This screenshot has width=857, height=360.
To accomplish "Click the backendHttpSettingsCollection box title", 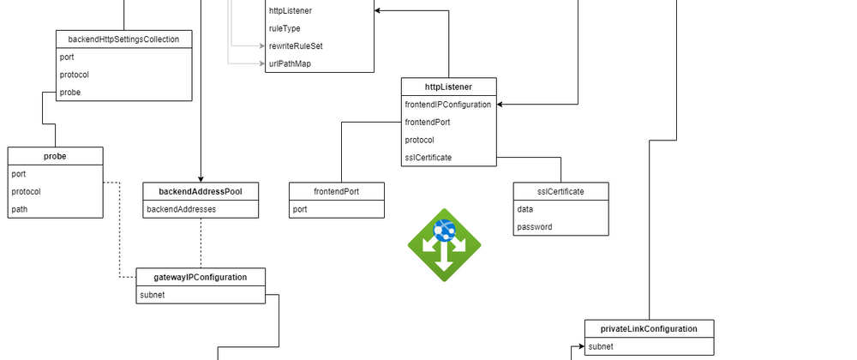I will click(123, 39).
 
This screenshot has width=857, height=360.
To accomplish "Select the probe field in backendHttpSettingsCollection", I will click(71, 92).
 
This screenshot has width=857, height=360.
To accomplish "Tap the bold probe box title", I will click(55, 156).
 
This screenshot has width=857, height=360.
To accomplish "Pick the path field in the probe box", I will click(19, 208).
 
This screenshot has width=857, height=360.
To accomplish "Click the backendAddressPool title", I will click(201, 190).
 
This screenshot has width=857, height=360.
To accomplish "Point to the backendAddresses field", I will click(182, 208).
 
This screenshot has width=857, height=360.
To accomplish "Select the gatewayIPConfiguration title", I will click(201, 278).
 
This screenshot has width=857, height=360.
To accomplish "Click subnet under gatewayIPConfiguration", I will click(153, 296).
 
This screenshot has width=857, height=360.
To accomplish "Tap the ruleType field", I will click(285, 28).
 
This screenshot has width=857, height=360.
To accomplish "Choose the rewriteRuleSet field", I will click(296, 45).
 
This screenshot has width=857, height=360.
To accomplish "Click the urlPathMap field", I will click(290, 63).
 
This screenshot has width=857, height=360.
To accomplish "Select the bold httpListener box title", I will click(448, 87).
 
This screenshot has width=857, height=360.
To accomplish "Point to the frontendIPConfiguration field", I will click(447, 105).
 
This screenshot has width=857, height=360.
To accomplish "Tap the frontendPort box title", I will click(337, 191).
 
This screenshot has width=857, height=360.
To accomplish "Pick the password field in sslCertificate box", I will click(535, 226).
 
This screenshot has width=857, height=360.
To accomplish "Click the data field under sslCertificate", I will click(525, 209).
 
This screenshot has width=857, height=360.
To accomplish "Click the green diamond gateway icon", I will click(444, 244).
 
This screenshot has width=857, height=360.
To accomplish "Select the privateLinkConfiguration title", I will click(649, 328).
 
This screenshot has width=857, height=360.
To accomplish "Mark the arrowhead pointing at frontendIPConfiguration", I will click(500, 105).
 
